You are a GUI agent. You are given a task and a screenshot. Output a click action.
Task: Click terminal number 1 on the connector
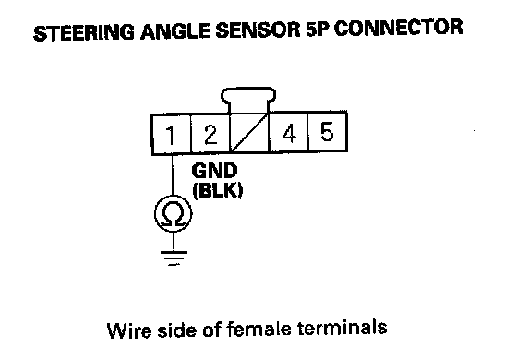[x=171, y=135]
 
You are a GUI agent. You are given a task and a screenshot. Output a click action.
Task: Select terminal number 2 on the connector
[x=210, y=134]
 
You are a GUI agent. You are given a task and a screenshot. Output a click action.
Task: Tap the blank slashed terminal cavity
[x=249, y=133]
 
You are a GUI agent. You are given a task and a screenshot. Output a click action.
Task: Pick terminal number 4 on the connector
[x=289, y=132]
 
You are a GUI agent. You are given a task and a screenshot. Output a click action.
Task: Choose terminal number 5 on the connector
[x=327, y=131]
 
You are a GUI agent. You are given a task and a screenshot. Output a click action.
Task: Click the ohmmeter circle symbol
[x=174, y=213]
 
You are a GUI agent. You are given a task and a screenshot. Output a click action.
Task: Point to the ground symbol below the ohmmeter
[x=174, y=258]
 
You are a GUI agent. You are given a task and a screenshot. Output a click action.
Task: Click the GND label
[x=214, y=171]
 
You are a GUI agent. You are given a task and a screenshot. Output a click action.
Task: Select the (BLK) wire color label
[x=218, y=190]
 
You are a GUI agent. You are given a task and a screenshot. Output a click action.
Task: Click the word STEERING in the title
[x=84, y=32]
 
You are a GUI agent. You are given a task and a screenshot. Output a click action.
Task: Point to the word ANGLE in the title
[x=175, y=32]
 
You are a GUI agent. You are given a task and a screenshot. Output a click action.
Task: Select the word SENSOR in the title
[x=258, y=30]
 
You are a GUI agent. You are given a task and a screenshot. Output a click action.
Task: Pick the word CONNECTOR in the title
[x=399, y=28]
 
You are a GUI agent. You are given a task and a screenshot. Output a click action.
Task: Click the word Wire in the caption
[x=129, y=330]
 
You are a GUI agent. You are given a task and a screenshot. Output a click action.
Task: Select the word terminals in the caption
[x=342, y=328]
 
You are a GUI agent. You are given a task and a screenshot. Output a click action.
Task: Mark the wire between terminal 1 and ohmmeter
[x=172, y=175]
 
